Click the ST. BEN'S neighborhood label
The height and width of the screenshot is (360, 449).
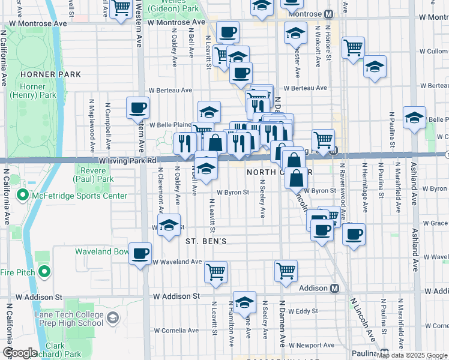click(x=205, y=241)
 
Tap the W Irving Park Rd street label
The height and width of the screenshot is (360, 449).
click(x=128, y=161)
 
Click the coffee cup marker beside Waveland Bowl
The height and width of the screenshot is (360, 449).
click(x=140, y=254)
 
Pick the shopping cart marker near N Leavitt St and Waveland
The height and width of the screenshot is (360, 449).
click(x=215, y=272)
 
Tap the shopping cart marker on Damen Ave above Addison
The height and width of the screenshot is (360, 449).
click(x=286, y=271)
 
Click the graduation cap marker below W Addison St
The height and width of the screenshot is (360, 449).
click(x=244, y=304)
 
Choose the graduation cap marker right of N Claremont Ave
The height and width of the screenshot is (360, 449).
click(x=170, y=226)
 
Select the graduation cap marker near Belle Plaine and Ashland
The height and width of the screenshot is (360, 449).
click(x=414, y=118)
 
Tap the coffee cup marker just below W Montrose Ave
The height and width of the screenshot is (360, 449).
click(x=227, y=32)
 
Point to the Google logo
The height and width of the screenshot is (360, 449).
click(x=20, y=353)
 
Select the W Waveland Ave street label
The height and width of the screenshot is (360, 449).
click(x=176, y=262)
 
